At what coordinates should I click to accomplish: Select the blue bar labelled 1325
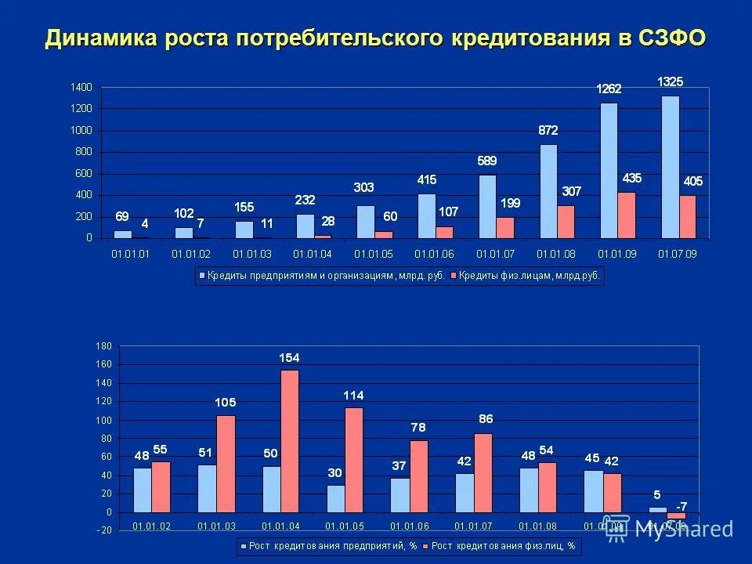click(670, 167)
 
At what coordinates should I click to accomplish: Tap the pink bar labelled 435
click(627, 215)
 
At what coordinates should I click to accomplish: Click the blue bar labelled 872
click(548, 190)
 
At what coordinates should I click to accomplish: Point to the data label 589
click(487, 161)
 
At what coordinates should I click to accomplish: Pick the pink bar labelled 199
click(505, 227)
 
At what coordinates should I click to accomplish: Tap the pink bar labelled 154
click(289, 441)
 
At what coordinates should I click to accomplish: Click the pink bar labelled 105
click(226, 464)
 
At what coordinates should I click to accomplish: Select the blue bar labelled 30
click(335, 498)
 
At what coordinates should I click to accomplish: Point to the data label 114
click(353, 395)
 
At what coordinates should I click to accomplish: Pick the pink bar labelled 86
click(483, 472)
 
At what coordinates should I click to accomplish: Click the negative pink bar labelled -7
click(676, 515)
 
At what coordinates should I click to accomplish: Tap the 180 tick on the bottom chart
click(103, 345)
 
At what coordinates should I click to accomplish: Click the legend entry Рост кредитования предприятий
click(330, 544)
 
